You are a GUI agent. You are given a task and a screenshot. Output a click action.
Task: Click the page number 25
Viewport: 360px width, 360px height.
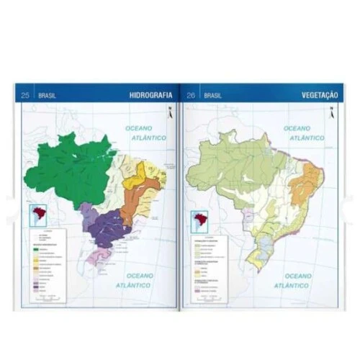click(25, 95)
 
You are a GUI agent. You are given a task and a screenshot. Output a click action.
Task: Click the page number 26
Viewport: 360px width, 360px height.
click(191, 95)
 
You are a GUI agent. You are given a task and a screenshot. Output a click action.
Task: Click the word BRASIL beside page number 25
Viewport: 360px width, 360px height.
click(48, 95)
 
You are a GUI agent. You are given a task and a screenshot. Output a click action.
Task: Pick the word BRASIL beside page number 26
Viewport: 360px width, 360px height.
click(213, 95)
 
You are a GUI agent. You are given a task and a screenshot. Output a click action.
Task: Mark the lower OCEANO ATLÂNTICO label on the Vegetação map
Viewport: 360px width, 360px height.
click(302, 280)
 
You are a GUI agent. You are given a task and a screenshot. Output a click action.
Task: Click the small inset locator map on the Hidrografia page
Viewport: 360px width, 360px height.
click(37, 215)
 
